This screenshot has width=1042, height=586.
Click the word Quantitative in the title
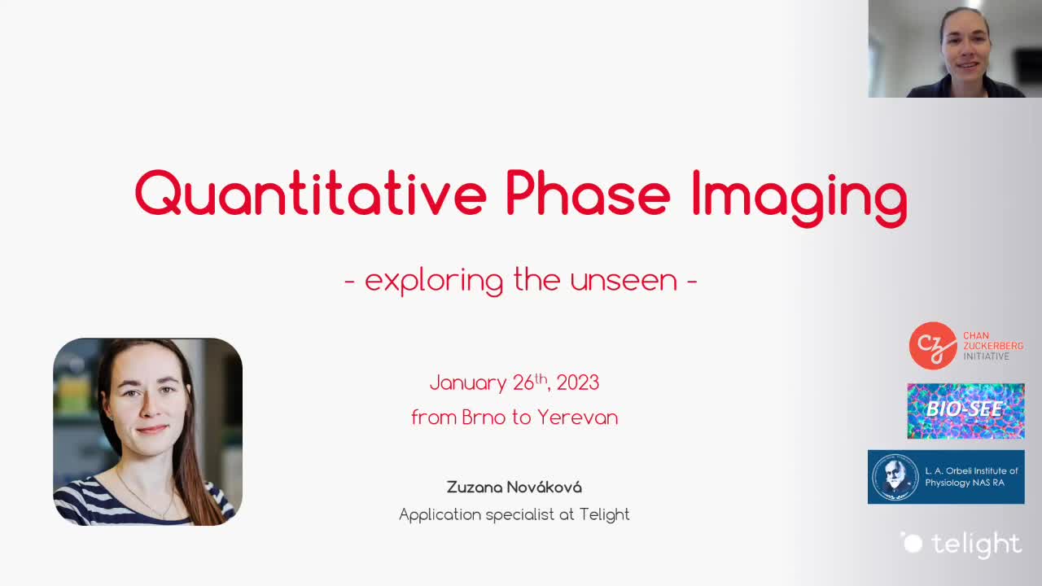pos(311,193)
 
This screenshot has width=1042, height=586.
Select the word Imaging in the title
pos(800,198)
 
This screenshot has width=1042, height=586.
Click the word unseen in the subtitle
pos(624,280)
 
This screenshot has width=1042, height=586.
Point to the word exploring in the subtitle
pos(434,281)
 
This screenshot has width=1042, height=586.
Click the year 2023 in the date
pos(578,383)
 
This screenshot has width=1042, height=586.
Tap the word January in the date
pos(468,383)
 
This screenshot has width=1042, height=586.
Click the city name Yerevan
pos(578,418)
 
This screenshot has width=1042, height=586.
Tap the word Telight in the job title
pos(604,514)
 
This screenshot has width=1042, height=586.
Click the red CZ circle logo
pos(933,346)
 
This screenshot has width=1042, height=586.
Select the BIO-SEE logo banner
pos(965,411)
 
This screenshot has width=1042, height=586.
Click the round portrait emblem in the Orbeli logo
pos(895,477)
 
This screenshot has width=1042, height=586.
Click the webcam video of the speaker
pos(955,49)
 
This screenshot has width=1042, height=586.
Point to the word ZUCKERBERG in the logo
pos(993,346)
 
